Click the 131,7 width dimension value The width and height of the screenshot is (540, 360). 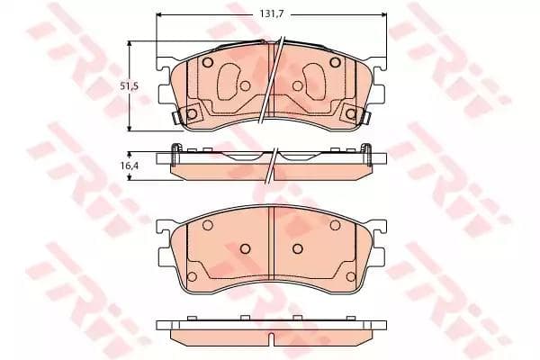pos(271,14)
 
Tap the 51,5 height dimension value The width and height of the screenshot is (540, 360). pos(129,86)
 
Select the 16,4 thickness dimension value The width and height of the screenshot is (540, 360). pos(129,166)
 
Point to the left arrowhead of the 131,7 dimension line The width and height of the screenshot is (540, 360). pos(159,14)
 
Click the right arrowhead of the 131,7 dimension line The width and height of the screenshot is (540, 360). pos(383,14)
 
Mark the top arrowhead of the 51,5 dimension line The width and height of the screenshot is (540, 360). pos(130,44)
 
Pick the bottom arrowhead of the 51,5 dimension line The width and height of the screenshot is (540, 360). pos(130,128)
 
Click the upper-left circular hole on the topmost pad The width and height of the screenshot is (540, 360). pos(207,62)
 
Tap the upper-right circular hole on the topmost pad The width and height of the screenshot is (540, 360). pos(335,62)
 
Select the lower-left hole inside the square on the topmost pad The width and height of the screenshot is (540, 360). pos(192,113)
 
